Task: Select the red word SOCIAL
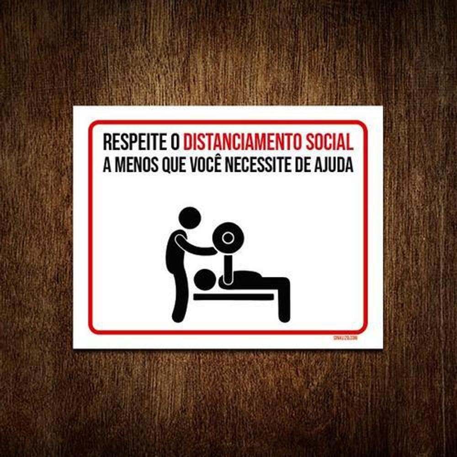click(x=329, y=142)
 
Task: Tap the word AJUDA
click(x=336, y=165)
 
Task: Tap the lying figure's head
click(x=205, y=280)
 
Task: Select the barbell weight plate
click(x=228, y=238)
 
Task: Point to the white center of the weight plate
click(x=228, y=238)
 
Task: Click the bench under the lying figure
click(x=233, y=297)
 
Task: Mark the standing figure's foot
click(x=177, y=317)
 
